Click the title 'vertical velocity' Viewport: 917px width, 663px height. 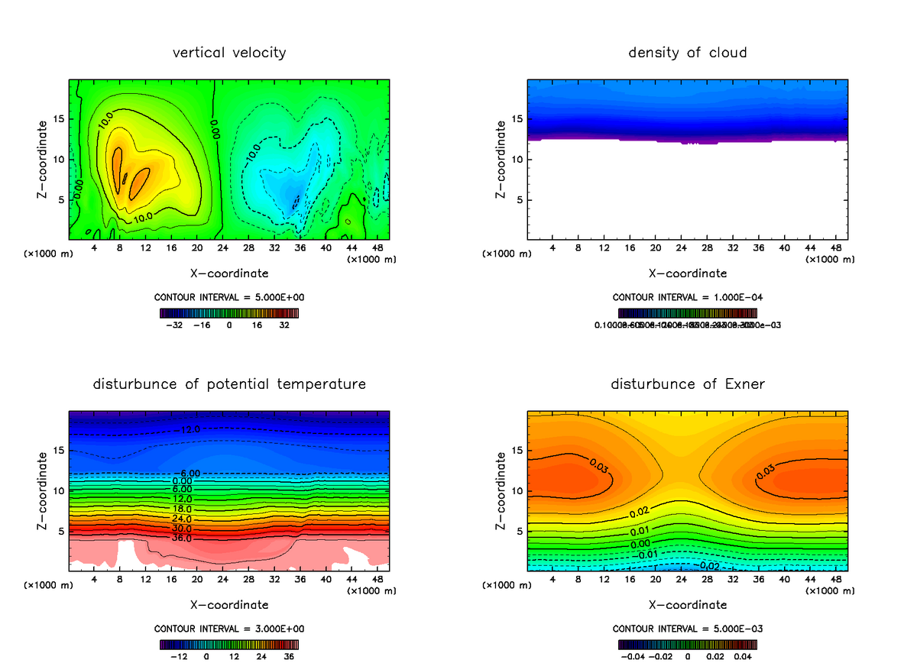[x=229, y=53]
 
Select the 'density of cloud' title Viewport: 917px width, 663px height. [x=687, y=53]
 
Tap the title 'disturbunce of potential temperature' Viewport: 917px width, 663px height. [x=229, y=383]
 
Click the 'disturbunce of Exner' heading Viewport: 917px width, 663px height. [x=687, y=383]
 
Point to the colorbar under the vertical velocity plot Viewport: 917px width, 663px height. [x=229, y=312]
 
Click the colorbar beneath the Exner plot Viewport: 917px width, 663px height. [x=687, y=644]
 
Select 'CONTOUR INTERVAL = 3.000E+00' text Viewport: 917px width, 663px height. [x=229, y=629]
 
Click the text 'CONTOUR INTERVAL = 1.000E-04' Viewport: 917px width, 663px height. [x=687, y=297]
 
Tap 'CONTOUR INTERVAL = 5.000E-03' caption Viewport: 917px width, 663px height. [x=687, y=629]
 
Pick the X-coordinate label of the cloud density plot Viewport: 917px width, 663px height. [x=687, y=273]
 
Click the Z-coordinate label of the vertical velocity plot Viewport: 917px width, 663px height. [x=43, y=160]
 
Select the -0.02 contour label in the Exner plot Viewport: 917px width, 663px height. [x=708, y=566]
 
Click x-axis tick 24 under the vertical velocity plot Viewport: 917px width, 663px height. [x=222, y=248]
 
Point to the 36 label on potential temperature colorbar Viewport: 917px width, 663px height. [x=289, y=656]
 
